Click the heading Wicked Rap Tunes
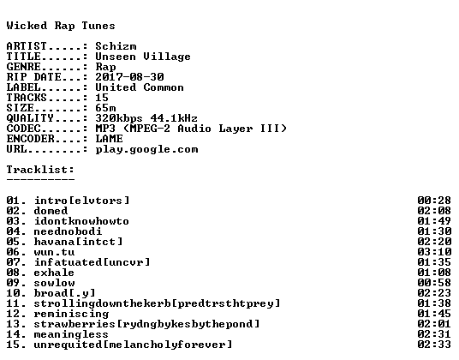pos(61,26)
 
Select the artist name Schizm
pos(116,46)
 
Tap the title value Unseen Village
pos(143,57)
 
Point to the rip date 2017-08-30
pos(129,77)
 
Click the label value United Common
pos(140,87)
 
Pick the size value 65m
pos(105,108)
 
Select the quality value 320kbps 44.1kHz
pos(146,118)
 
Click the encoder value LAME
pos(110,139)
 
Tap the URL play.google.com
pos(146,149)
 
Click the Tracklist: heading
pos(40,170)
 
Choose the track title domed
pos(51,211)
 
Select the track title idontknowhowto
pos(81,221)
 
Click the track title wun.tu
pos(54,252)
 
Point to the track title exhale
pos(54,273)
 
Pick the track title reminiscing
pos(71,314)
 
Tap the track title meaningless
pos(71,334)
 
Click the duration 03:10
pos(434,252)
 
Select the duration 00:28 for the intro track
pos(434,201)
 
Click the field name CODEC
pos(23,129)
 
